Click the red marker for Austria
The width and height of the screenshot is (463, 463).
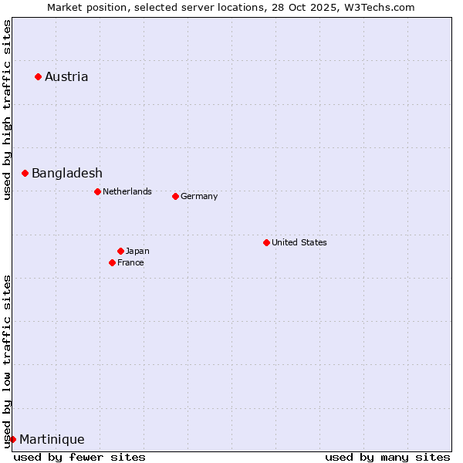coord(38,76)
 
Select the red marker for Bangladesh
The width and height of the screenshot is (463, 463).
coord(25,173)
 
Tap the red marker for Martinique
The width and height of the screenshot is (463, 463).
coord(12,439)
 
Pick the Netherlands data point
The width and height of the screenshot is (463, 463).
coord(97,191)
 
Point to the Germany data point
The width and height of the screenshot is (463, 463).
coord(175,196)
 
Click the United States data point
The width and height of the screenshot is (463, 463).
coord(266,242)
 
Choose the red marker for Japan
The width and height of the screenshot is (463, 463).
coord(120,251)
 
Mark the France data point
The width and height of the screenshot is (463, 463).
coord(112,262)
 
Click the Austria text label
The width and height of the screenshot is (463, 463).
coord(66,76)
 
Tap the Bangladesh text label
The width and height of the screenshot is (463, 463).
coord(67,173)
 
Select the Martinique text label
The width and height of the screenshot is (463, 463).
coord(52,439)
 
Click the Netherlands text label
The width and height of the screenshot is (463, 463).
coord(127,191)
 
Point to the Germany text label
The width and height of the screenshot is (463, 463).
coord(199,196)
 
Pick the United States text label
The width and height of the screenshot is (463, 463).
coord(299,242)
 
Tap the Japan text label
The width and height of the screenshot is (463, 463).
coord(137,251)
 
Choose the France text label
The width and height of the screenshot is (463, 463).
coord(130,262)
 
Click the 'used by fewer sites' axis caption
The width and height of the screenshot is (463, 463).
coord(79,457)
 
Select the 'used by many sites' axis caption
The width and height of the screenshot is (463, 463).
coord(387,457)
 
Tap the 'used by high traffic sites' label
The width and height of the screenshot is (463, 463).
coord(7,110)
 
